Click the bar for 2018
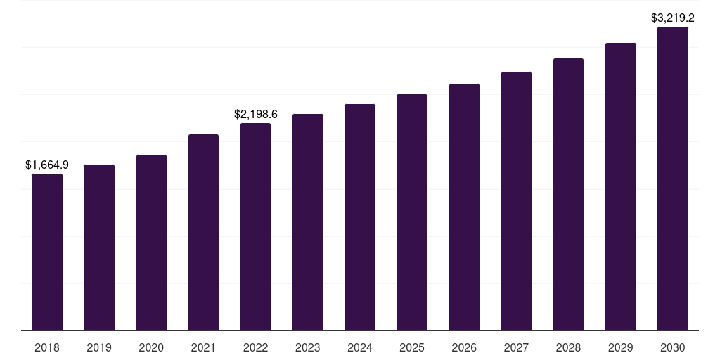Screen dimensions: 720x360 point(47,252)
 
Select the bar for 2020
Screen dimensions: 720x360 point(152,243)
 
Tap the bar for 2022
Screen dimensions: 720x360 point(256,227)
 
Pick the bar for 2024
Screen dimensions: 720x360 point(360,217)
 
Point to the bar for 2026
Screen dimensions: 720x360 point(464,207)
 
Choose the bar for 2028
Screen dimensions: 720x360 point(568,194)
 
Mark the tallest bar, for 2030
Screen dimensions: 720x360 point(673,179)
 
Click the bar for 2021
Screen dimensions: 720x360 point(203,232)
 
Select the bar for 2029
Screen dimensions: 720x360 point(621,186)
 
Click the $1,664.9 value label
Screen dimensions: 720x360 point(47,165)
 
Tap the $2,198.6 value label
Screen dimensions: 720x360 point(256,114)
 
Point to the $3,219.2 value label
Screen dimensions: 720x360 point(673,18)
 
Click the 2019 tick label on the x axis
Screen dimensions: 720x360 point(99,347)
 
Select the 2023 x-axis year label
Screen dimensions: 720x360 point(308,347)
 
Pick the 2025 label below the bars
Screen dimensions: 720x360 point(412,347)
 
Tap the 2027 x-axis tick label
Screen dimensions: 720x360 point(516,347)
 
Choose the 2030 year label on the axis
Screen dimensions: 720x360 point(673,347)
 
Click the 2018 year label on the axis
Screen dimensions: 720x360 point(47,347)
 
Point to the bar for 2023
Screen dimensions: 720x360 point(308,222)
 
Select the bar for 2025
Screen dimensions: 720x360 point(412,212)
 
